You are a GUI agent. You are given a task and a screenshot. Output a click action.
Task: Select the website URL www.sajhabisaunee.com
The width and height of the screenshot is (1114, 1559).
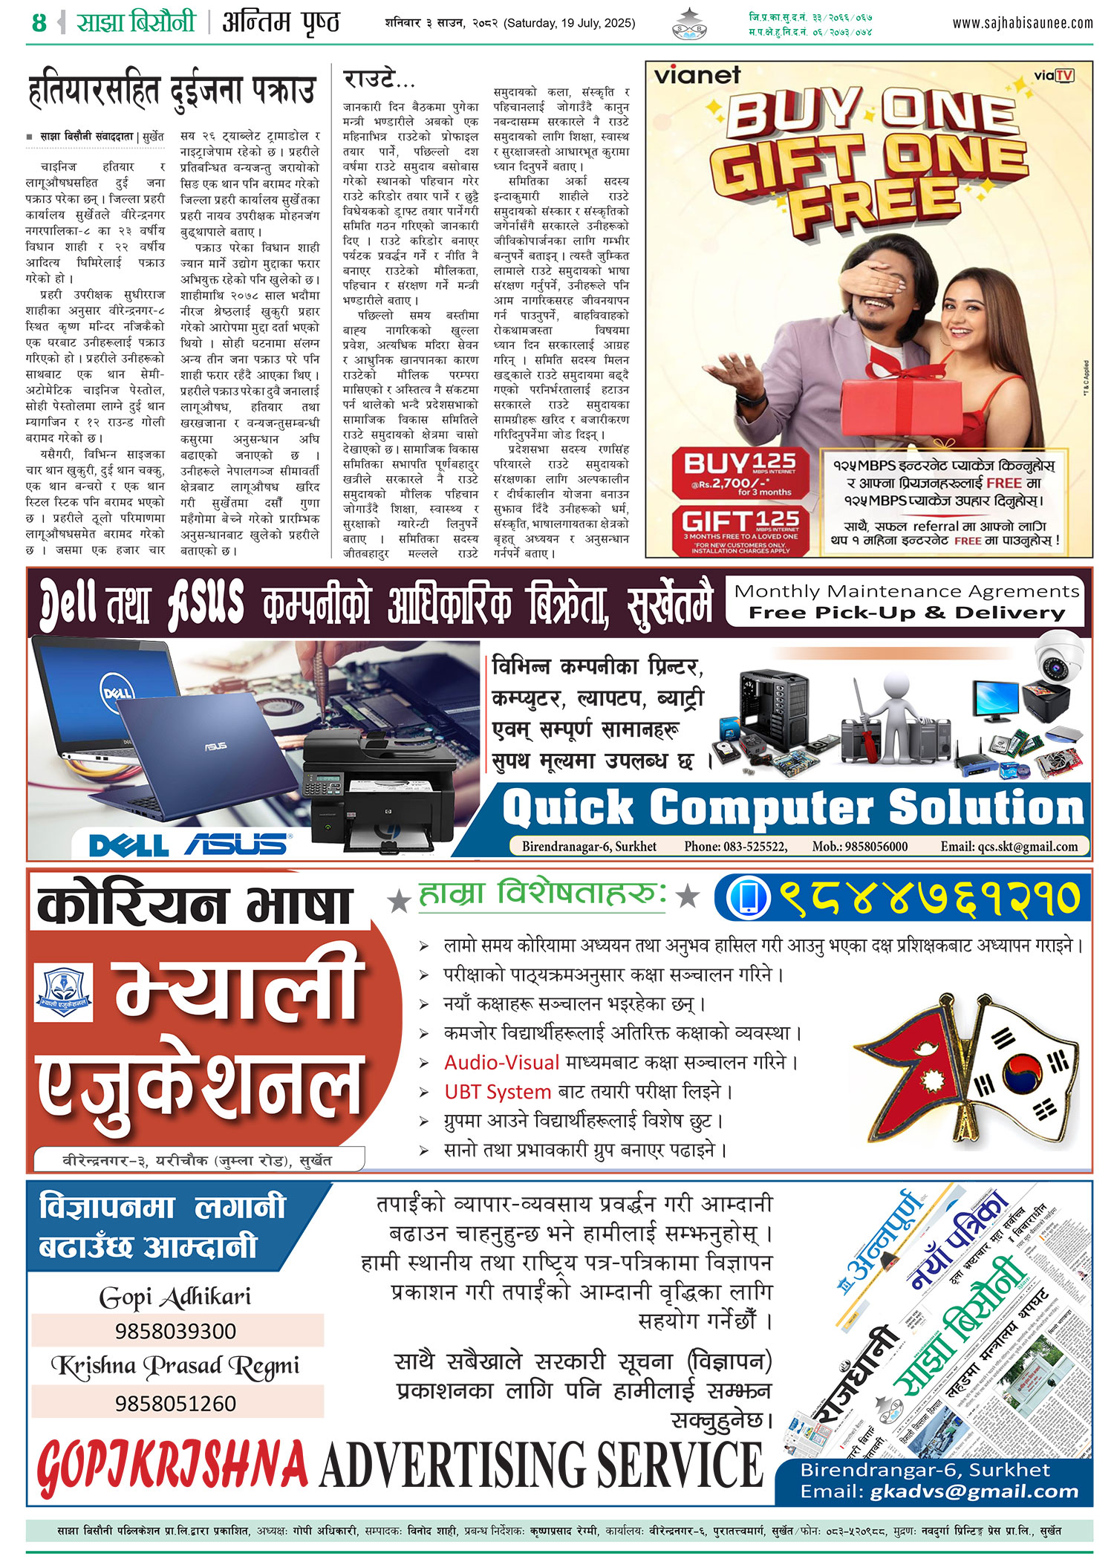click(1022, 23)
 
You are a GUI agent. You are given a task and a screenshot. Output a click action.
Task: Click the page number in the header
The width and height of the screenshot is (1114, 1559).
click(39, 23)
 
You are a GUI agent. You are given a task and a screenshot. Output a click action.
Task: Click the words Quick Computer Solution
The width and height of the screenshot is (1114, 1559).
click(792, 807)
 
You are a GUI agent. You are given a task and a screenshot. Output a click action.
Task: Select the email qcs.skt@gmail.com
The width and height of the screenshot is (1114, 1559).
click(1009, 846)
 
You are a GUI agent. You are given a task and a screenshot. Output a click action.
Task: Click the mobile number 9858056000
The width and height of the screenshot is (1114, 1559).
click(859, 846)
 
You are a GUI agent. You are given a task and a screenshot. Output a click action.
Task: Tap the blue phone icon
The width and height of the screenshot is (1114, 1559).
click(747, 896)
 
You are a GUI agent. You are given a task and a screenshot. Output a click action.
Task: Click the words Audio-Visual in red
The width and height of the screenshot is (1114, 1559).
click(501, 1062)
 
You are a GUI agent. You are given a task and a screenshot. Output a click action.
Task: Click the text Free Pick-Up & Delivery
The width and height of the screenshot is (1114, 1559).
click(906, 613)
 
